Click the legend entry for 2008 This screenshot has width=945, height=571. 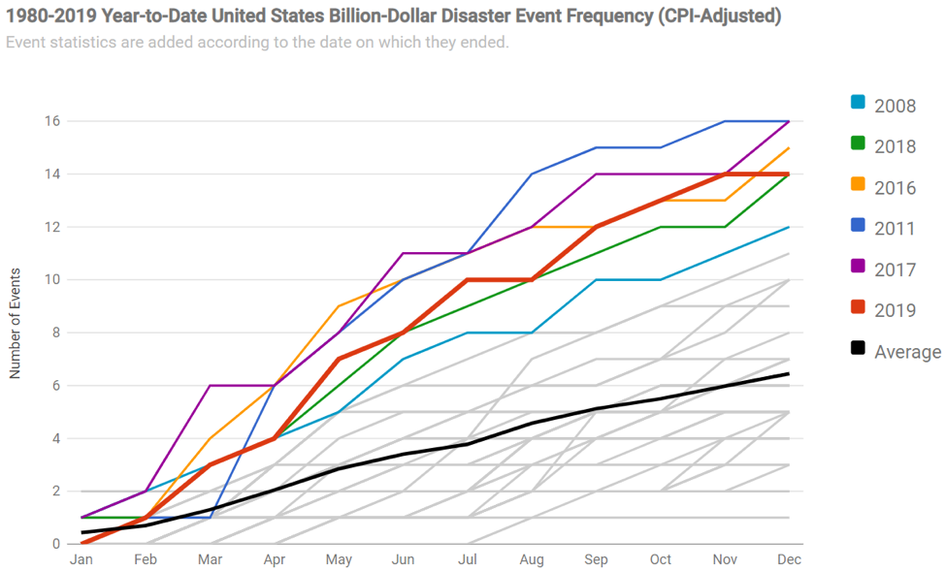[895, 106]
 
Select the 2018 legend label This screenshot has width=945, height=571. [895, 146]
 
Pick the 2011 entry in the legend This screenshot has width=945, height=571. [895, 229]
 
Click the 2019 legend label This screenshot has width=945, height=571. [895, 310]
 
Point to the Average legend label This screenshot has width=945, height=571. [907, 351]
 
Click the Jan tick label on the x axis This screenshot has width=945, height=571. [81, 560]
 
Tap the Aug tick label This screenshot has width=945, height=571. [532, 560]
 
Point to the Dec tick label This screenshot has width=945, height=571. [788, 560]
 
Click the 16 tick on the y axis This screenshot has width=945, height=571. [50, 121]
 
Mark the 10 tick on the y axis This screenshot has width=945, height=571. [50, 280]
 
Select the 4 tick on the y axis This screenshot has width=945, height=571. [54, 438]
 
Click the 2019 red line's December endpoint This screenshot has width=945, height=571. [788, 174]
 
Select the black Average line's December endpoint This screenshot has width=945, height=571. [788, 373]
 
